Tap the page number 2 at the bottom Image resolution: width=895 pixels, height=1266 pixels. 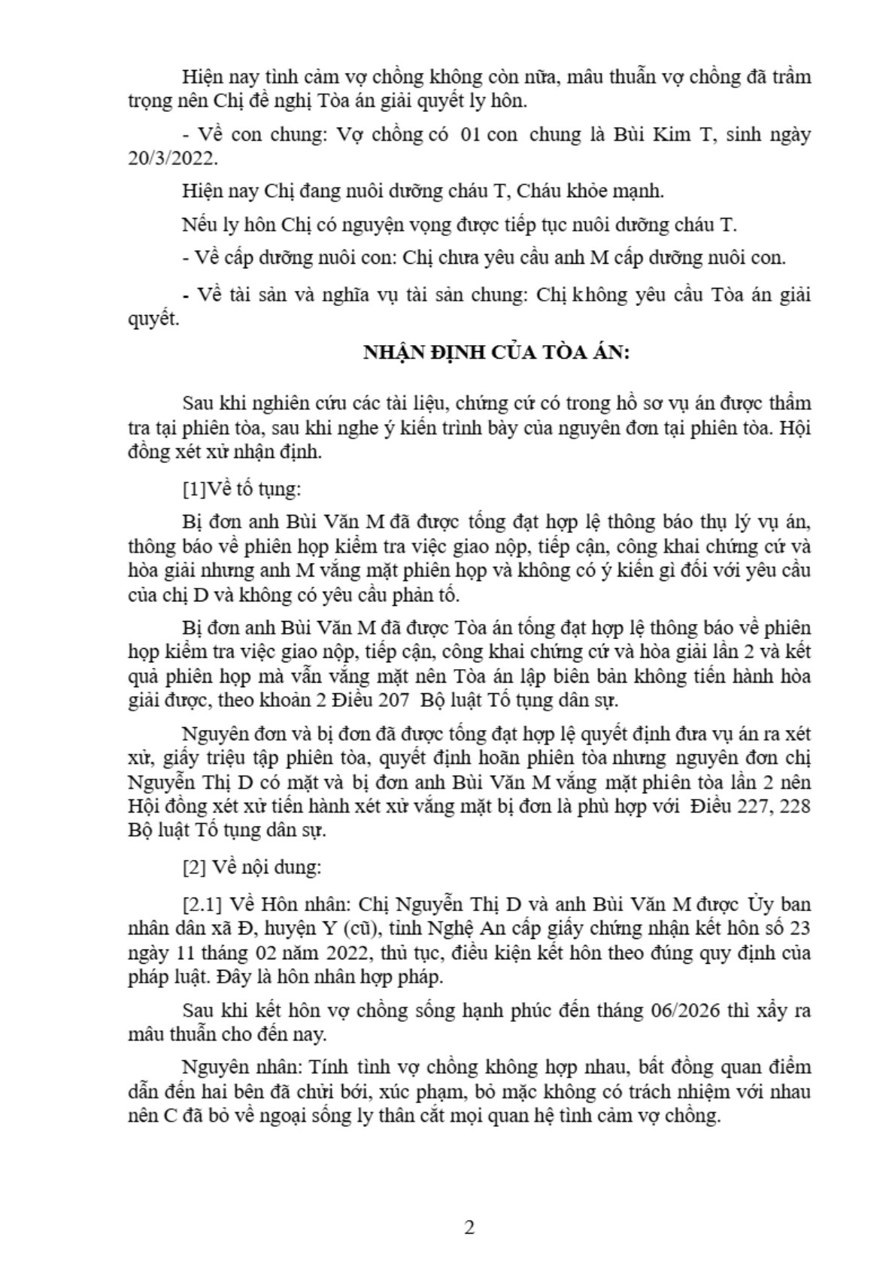[470, 1228]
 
